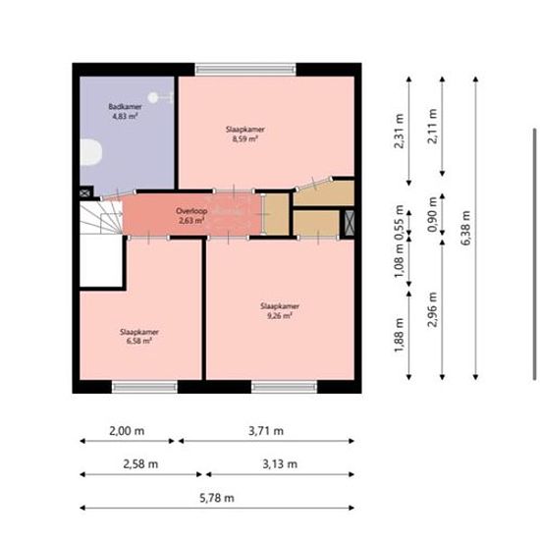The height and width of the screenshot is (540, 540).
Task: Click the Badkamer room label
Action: (x=125, y=106)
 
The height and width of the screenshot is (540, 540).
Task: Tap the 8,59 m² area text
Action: (x=245, y=138)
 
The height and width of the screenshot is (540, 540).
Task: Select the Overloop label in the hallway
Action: (x=191, y=211)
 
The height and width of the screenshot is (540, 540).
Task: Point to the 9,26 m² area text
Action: (x=280, y=315)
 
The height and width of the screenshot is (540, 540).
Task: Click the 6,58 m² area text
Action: (x=139, y=341)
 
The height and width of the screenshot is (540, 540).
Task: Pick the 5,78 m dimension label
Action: (x=217, y=498)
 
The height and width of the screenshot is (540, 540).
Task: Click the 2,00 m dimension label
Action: (x=127, y=431)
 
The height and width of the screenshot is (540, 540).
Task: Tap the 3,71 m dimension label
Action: (x=266, y=431)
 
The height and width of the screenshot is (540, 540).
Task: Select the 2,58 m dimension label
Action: (x=140, y=464)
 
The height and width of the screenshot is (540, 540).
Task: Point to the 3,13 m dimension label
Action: (x=280, y=464)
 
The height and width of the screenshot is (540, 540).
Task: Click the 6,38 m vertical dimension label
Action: (x=465, y=228)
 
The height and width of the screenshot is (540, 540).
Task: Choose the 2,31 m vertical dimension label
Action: (x=399, y=132)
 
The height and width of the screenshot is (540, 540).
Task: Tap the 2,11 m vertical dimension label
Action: (x=432, y=126)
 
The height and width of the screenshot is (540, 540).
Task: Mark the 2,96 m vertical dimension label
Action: (x=432, y=309)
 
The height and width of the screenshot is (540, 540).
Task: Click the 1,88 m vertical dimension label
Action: (x=399, y=336)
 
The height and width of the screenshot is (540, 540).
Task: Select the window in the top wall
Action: (x=245, y=70)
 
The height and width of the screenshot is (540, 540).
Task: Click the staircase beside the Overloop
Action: (x=101, y=218)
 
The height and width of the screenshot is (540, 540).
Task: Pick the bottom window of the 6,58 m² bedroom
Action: (x=144, y=387)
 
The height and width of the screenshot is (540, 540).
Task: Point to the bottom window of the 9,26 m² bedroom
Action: (x=284, y=387)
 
